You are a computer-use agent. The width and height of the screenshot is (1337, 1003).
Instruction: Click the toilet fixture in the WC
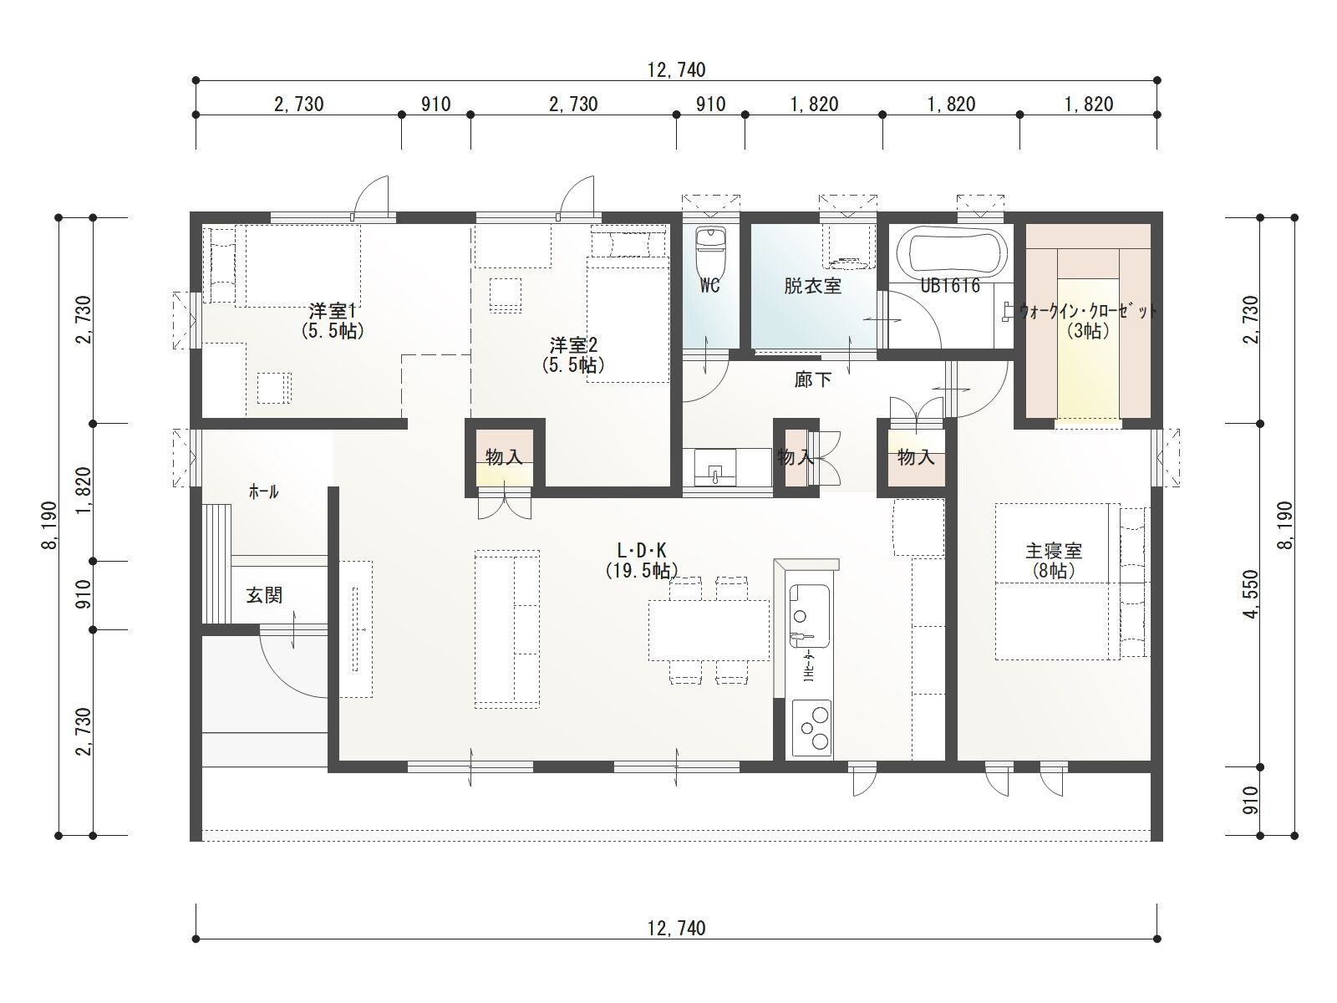pyautogui.click(x=710, y=251)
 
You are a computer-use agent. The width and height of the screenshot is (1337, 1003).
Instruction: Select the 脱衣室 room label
pyautogui.click(x=812, y=286)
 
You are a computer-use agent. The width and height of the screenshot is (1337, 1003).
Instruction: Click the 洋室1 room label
pyautogui.click(x=333, y=311)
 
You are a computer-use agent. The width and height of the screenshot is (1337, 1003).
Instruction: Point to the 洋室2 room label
pyautogui.click(x=574, y=346)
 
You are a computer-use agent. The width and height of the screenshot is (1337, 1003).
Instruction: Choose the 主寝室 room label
pyautogui.click(x=1054, y=551)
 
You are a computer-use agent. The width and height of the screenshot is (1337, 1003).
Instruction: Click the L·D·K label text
pyautogui.click(x=642, y=551)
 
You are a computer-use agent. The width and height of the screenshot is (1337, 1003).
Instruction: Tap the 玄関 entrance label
pyautogui.click(x=264, y=595)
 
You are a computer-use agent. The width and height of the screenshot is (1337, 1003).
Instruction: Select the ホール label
pyautogui.click(x=264, y=492)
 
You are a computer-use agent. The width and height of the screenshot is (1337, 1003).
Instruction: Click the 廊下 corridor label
pyautogui.click(x=813, y=380)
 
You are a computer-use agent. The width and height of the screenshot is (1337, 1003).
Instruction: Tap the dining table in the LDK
pyautogui.click(x=709, y=630)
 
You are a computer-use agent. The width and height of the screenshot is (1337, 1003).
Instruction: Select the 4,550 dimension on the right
pyautogui.click(x=1252, y=594)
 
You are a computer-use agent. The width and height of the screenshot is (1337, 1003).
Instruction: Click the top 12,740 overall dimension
pyautogui.click(x=676, y=70)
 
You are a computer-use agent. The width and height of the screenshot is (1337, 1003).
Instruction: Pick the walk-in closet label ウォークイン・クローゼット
pyautogui.click(x=1087, y=312)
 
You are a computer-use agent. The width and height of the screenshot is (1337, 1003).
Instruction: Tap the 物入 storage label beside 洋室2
pyautogui.click(x=504, y=456)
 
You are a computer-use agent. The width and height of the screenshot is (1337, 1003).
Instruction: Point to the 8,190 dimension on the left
pyautogui.click(x=49, y=526)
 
